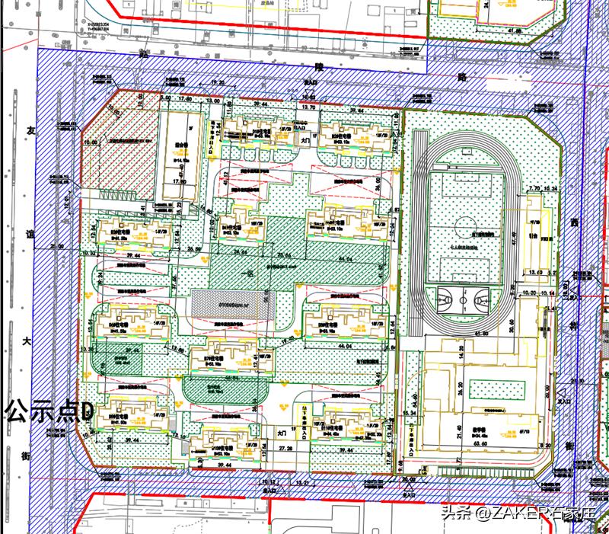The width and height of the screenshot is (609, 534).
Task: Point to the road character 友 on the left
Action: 31,130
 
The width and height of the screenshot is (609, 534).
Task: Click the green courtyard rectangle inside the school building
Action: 494,389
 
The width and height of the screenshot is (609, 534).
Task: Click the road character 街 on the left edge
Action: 26,456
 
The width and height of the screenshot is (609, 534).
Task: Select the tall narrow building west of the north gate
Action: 181,158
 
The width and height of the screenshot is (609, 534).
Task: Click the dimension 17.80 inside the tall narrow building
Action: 180,181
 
